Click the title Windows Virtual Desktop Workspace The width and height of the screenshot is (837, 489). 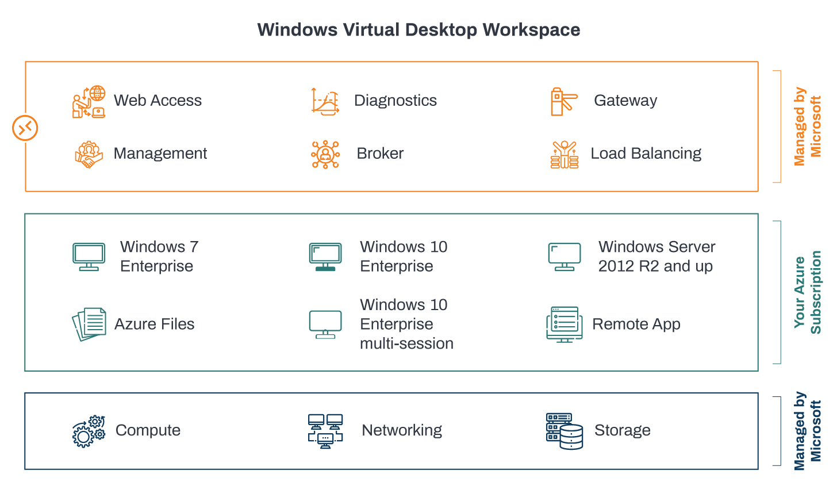(x=418, y=30)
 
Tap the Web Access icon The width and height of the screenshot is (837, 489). (x=89, y=102)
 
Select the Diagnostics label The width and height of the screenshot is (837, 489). (x=395, y=101)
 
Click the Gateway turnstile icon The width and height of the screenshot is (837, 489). (x=563, y=102)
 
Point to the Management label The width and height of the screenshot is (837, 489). (x=160, y=154)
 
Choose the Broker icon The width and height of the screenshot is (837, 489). (x=325, y=154)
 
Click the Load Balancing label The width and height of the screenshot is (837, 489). (x=646, y=154)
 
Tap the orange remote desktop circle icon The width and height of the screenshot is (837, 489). (x=25, y=128)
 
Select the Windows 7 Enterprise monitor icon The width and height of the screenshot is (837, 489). (x=89, y=257)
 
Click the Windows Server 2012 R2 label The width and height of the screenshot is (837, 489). (x=656, y=257)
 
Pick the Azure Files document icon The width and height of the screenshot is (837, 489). (x=89, y=324)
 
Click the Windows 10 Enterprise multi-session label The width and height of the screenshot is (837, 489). (x=406, y=324)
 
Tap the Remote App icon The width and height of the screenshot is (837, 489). (x=563, y=324)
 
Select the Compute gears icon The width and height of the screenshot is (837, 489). (x=89, y=431)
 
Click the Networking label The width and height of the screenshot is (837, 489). (x=401, y=430)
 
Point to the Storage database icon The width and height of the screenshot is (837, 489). (x=564, y=431)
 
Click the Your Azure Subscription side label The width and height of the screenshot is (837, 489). (x=807, y=292)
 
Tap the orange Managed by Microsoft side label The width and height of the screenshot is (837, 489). (x=807, y=127)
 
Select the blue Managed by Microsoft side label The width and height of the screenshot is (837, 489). (x=807, y=431)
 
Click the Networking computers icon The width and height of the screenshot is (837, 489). (x=325, y=431)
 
